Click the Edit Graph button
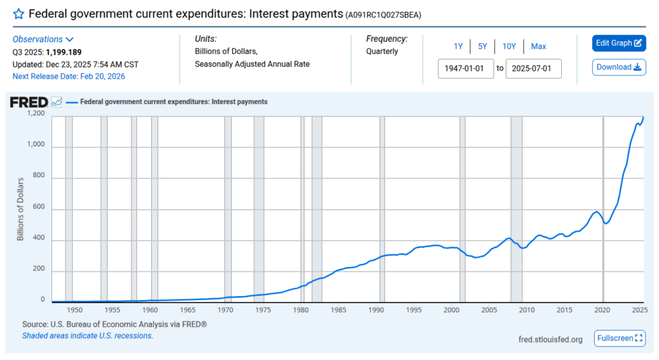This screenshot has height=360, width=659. click(x=618, y=43)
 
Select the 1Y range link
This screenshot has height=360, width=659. click(x=458, y=46)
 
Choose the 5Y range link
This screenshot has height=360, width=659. click(x=482, y=46)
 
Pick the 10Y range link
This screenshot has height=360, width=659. click(x=509, y=46)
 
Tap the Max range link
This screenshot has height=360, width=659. click(x=539, y=46)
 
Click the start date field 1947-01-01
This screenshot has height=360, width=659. click(x=465, y=68)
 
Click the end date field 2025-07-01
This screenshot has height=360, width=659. click(x=533, y=68)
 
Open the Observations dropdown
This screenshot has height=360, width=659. click(x=43, y=39)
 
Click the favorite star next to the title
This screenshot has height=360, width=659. click(x=19, y=14)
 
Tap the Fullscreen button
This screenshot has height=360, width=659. click(x=620, y=338)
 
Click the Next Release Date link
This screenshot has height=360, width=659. click(x=69, y=76)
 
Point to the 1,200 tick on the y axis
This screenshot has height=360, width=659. click(x=36, y=114)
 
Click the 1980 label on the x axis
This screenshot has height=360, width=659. click(x=301, y=310)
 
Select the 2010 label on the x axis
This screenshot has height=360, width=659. click(x=527, y=310)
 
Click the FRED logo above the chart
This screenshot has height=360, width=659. click(x=28, y=102)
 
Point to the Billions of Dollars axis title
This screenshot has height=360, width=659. click(x=20, y=208)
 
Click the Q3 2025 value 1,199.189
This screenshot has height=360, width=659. click(x=63, y=52)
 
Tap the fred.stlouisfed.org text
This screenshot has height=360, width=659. click(x=550, y=339)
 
